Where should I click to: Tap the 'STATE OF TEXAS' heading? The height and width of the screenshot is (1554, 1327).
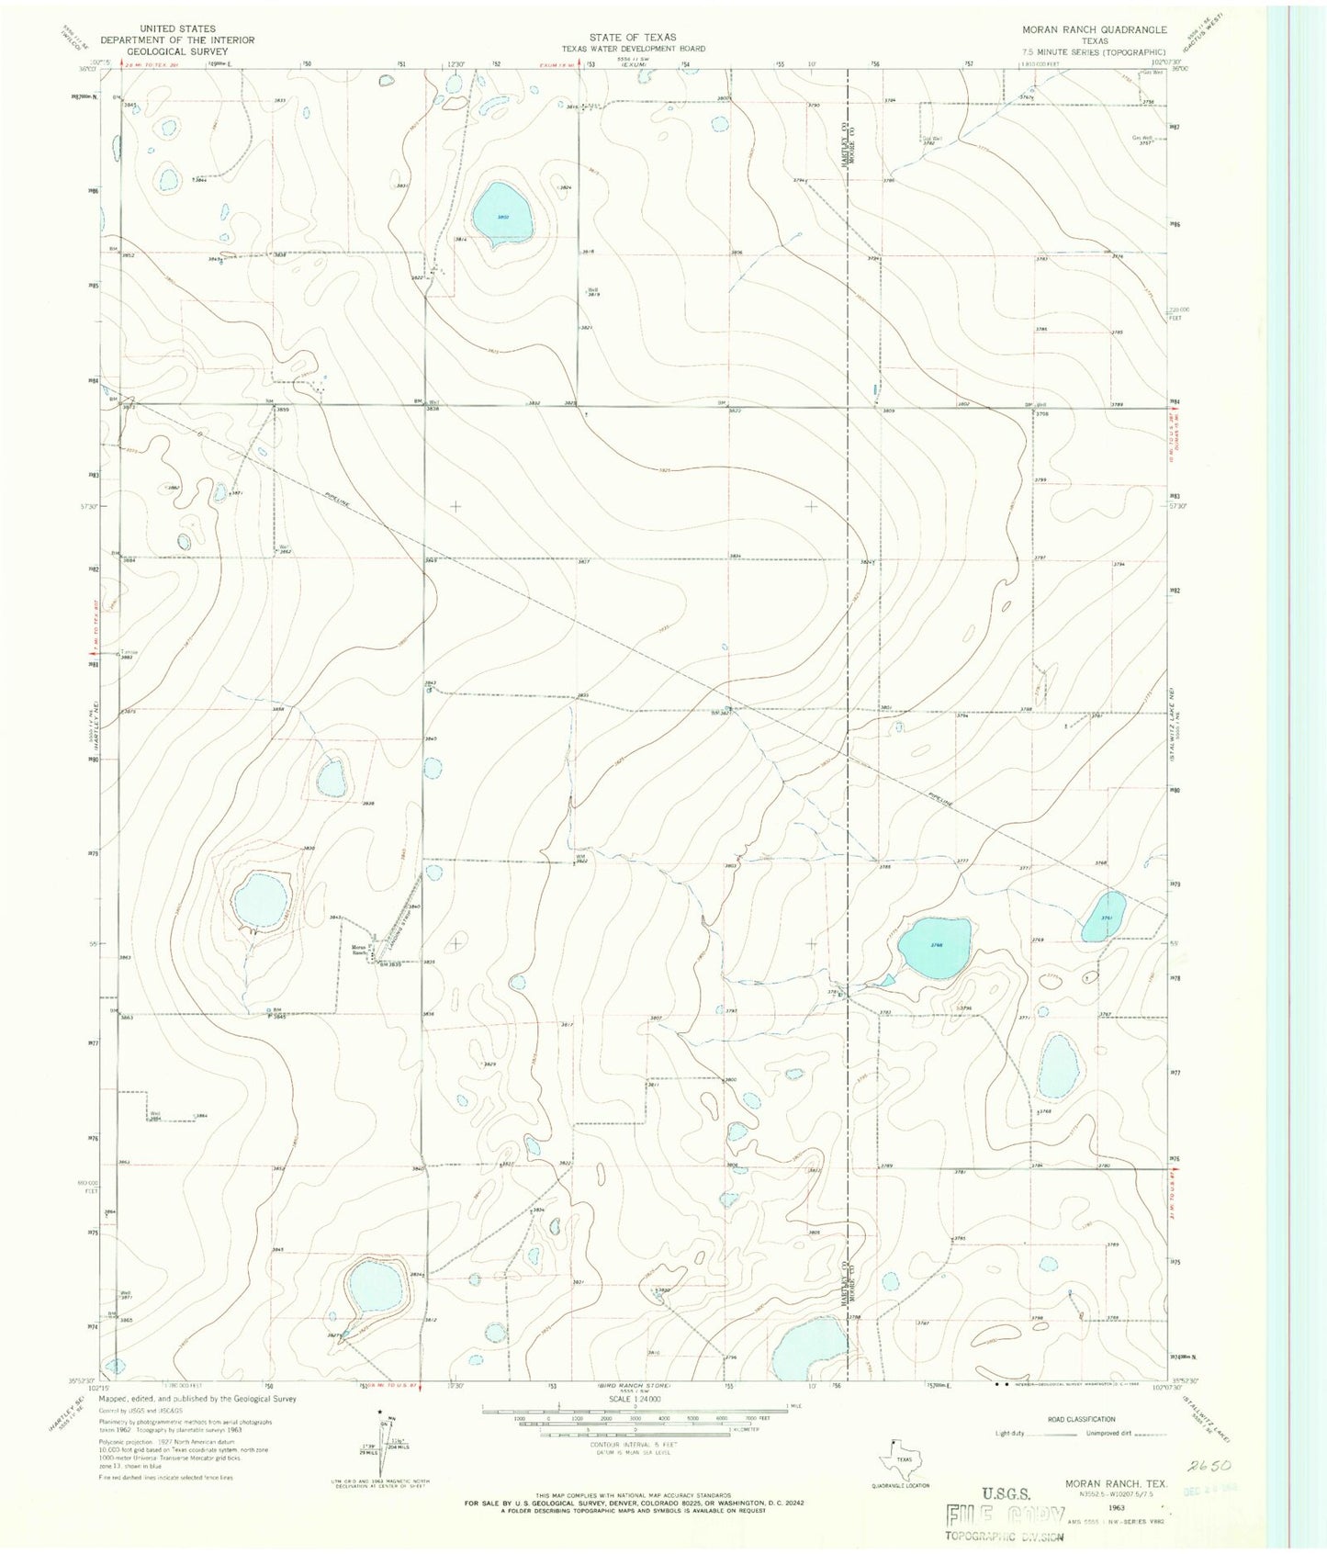tap(633, 38)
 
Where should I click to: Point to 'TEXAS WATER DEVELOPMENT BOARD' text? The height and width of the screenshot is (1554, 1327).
tap(634, 48)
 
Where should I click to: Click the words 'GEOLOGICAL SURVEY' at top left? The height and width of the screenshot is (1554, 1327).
tap(177, 51)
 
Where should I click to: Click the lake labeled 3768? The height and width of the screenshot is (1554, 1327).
tap(934, 947)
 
